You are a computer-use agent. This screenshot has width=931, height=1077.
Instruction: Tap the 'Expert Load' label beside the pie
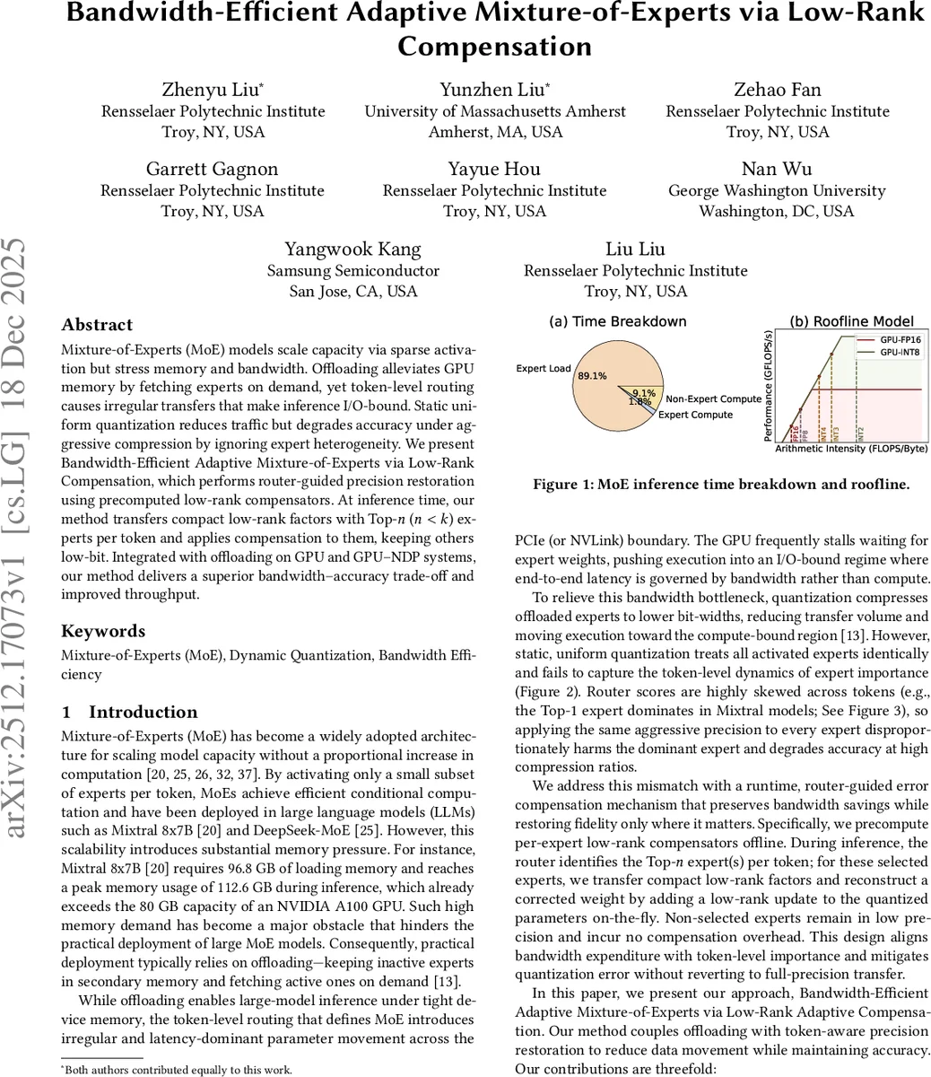(544, 369)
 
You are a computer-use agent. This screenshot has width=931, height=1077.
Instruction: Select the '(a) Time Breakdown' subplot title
(617, 321)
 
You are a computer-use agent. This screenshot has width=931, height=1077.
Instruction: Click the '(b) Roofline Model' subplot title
(851, 321)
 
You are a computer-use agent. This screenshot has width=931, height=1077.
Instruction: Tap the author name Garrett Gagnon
(213, 169)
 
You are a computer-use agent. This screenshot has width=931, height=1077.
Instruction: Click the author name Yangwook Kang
(352, 249)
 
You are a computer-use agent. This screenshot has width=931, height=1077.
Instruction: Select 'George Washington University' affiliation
(777, 190)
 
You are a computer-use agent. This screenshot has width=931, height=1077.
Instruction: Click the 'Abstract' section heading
(97, 325)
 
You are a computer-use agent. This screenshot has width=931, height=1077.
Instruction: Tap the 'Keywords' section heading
(103, 631)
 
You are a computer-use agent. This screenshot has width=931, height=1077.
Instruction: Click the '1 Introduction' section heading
(129, 712)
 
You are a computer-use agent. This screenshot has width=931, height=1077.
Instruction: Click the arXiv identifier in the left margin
(20, 538)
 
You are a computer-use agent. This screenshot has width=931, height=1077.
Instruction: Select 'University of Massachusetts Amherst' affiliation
(495, 111)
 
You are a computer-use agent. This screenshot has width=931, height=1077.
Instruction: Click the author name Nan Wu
(777, 169)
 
